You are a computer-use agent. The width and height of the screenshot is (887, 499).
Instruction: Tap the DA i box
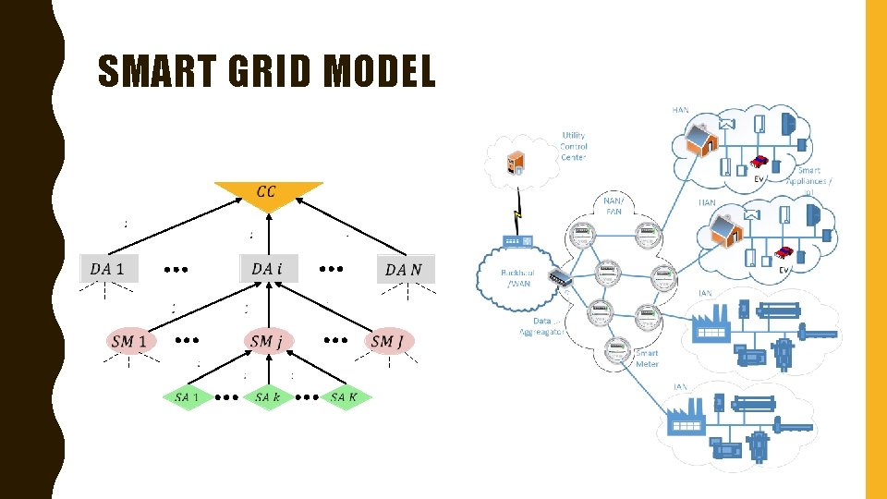[268, 269]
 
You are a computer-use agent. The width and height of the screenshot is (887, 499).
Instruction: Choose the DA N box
[404, 269]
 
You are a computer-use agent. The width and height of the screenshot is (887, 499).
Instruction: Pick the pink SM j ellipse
[268, 342]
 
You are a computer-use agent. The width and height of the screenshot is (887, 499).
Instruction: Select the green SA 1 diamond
[188, 397]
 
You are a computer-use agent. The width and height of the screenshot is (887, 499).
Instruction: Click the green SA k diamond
[268, 397]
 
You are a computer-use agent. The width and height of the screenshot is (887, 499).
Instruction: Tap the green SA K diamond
[345, 397]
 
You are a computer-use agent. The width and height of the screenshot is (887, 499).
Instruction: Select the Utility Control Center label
[574, 146]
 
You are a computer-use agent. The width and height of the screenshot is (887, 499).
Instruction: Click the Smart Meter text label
[647, 359]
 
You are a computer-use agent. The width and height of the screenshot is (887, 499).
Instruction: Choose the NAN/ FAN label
[614, 205]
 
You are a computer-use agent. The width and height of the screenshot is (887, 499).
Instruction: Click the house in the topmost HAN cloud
[702, 140]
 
